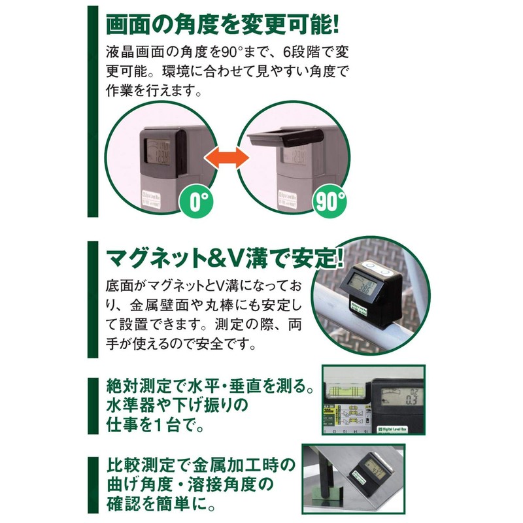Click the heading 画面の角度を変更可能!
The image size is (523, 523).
[222, 24]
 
